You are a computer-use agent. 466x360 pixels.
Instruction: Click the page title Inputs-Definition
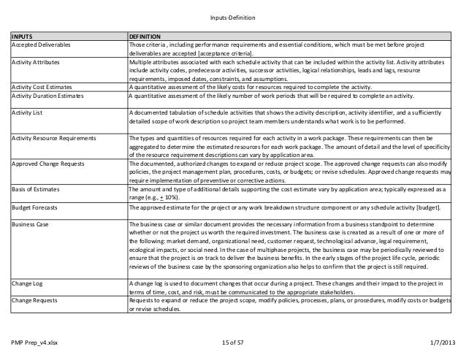(x=232, y=18)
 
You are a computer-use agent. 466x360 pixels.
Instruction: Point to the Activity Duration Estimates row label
(x=50, y=94)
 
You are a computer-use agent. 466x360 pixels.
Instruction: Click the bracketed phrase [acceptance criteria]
(x=222, y=53)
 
